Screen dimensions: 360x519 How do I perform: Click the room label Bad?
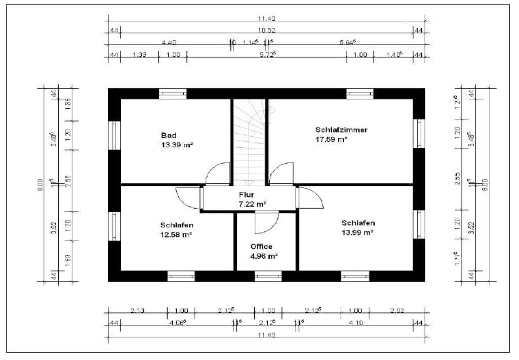[169, 135]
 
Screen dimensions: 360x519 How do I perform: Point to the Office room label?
[261, 247]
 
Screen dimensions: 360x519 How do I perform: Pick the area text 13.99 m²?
[357, 232]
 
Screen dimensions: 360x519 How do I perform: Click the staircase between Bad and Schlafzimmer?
[250, 142]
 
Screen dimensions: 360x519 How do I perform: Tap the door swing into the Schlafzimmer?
[281, 173]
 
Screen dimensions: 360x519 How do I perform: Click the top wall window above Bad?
[173, 94]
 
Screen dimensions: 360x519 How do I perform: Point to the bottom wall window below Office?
[268, 276]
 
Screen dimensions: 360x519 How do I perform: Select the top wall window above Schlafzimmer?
[360, 94]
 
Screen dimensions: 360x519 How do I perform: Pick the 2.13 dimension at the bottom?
[138, 311]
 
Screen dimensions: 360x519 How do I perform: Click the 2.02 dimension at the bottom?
[397, 311]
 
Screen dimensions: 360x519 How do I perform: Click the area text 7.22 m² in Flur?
[252, 204]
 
